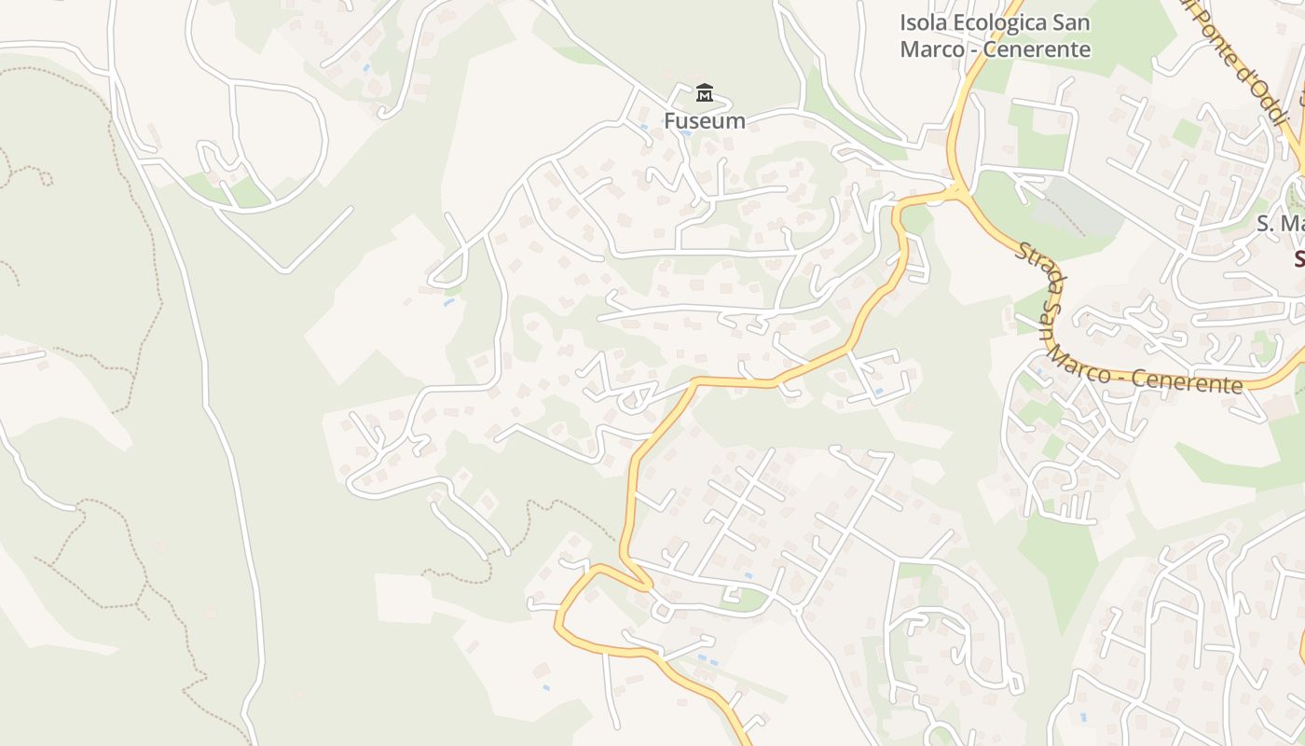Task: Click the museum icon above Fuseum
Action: pyautogui.click(x=704, y=93)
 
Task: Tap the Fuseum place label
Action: pyautogui.click(x=704, y=120)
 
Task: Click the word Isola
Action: pyautogui.click(x=922, y=22)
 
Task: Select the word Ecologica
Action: pyautogui.click(x=1003, y=22)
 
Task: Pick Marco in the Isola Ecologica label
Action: pyautogui.click(x=932, y=49)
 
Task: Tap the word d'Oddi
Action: pyautogui.click(x=1264, y=89)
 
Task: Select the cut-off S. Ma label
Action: pyautogui.click(x=1281, y=224)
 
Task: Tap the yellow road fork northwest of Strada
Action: pyautogui.click(x=957, y=190)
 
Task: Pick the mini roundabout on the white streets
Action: pyautogui.click(x=661, y=612)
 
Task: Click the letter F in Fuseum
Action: pyautogui.click(x=669, y=120)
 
